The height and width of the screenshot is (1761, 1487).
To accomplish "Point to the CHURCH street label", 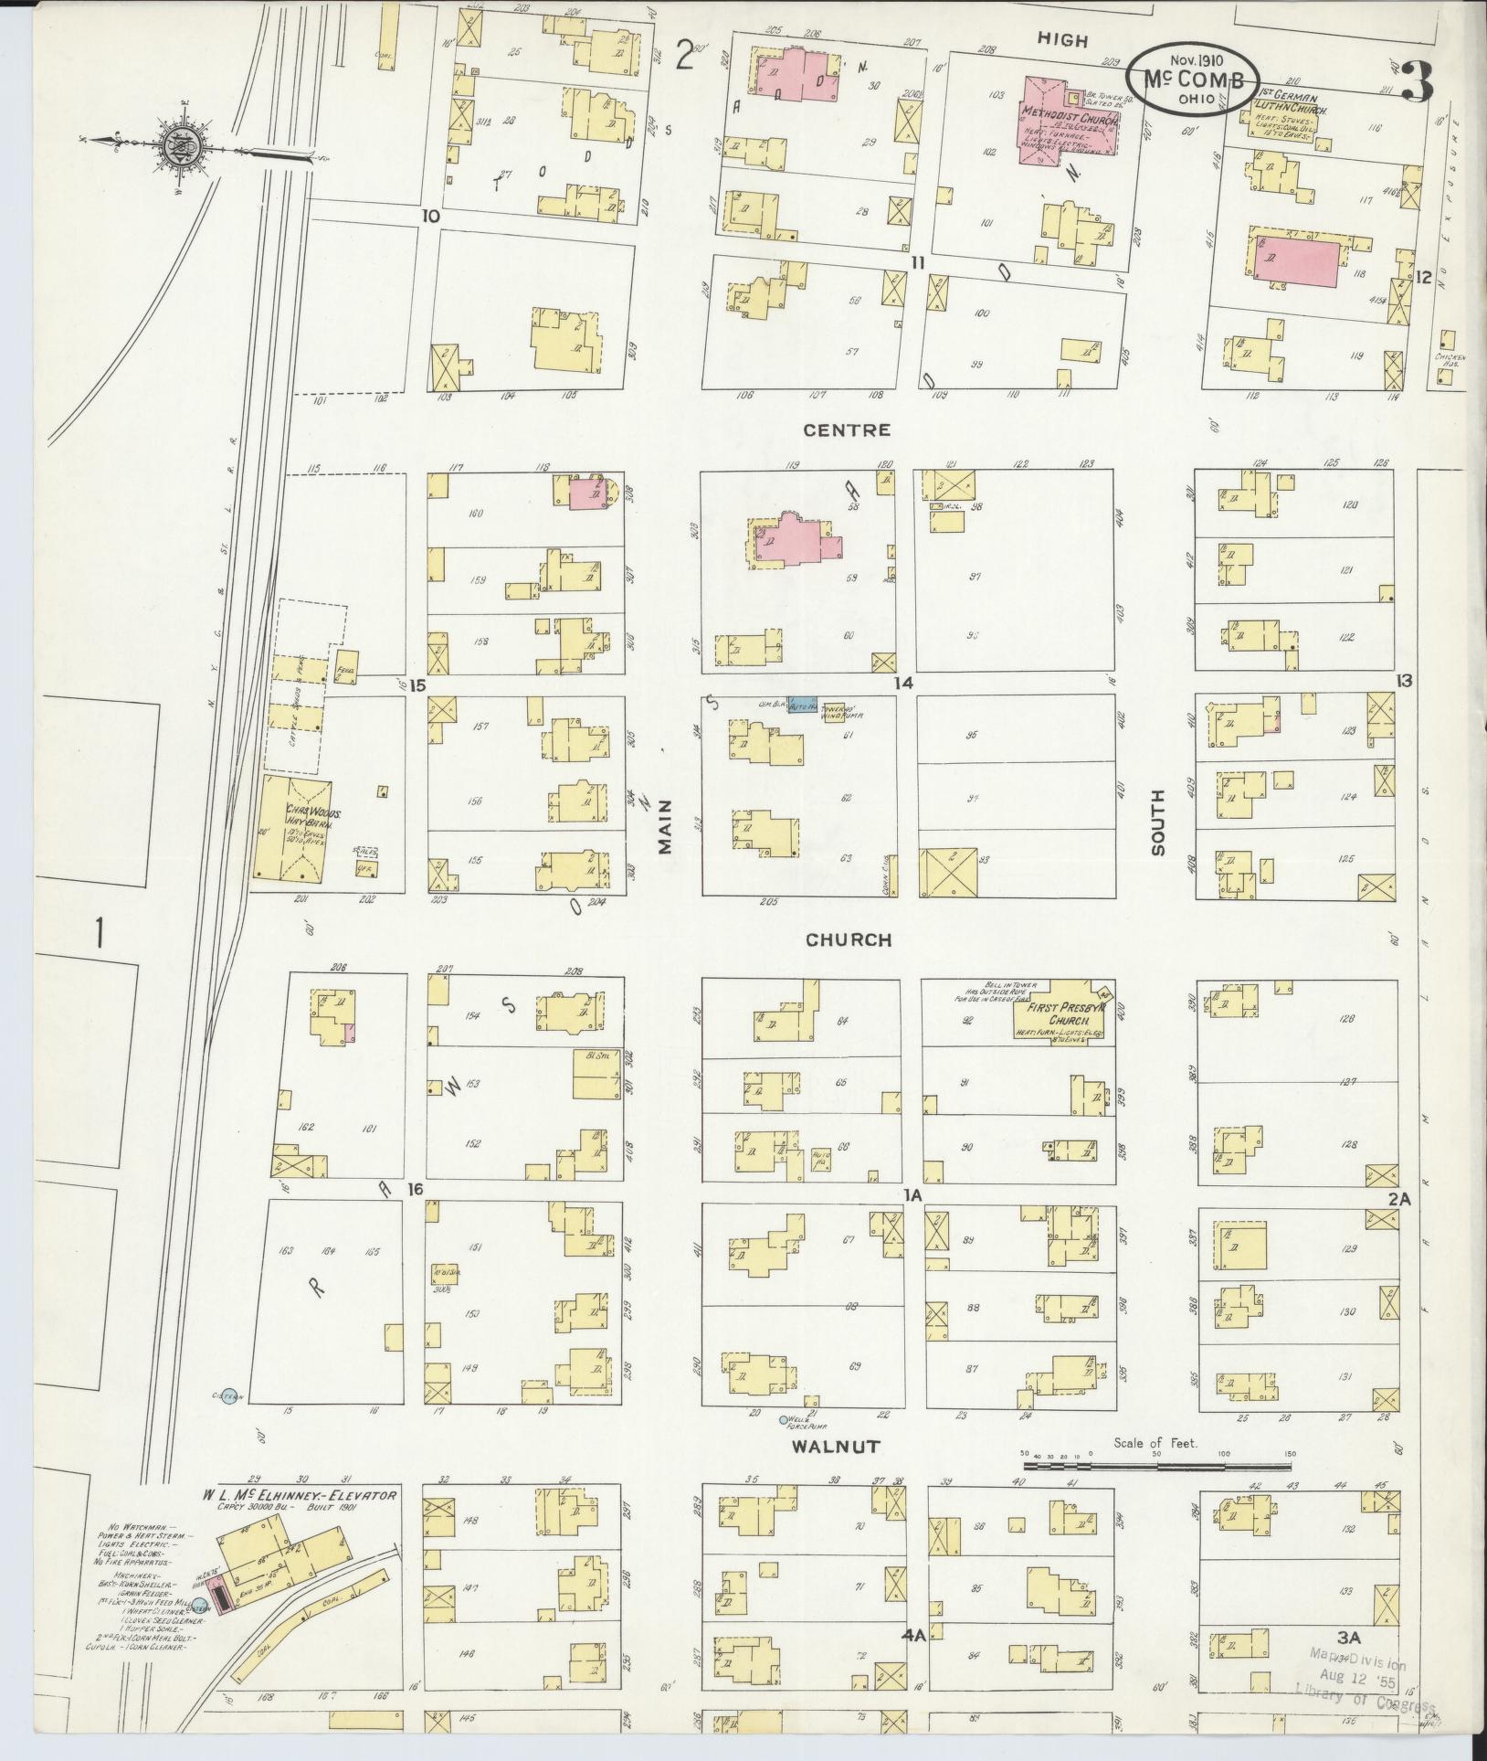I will click(x=848, y=939).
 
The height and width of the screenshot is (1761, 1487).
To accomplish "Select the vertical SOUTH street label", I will click(x=1158, y=822).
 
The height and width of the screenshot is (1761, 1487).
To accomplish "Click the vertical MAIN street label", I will click(x=665, y=825).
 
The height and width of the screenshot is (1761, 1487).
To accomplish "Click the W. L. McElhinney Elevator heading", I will click(x=300, y=1496).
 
